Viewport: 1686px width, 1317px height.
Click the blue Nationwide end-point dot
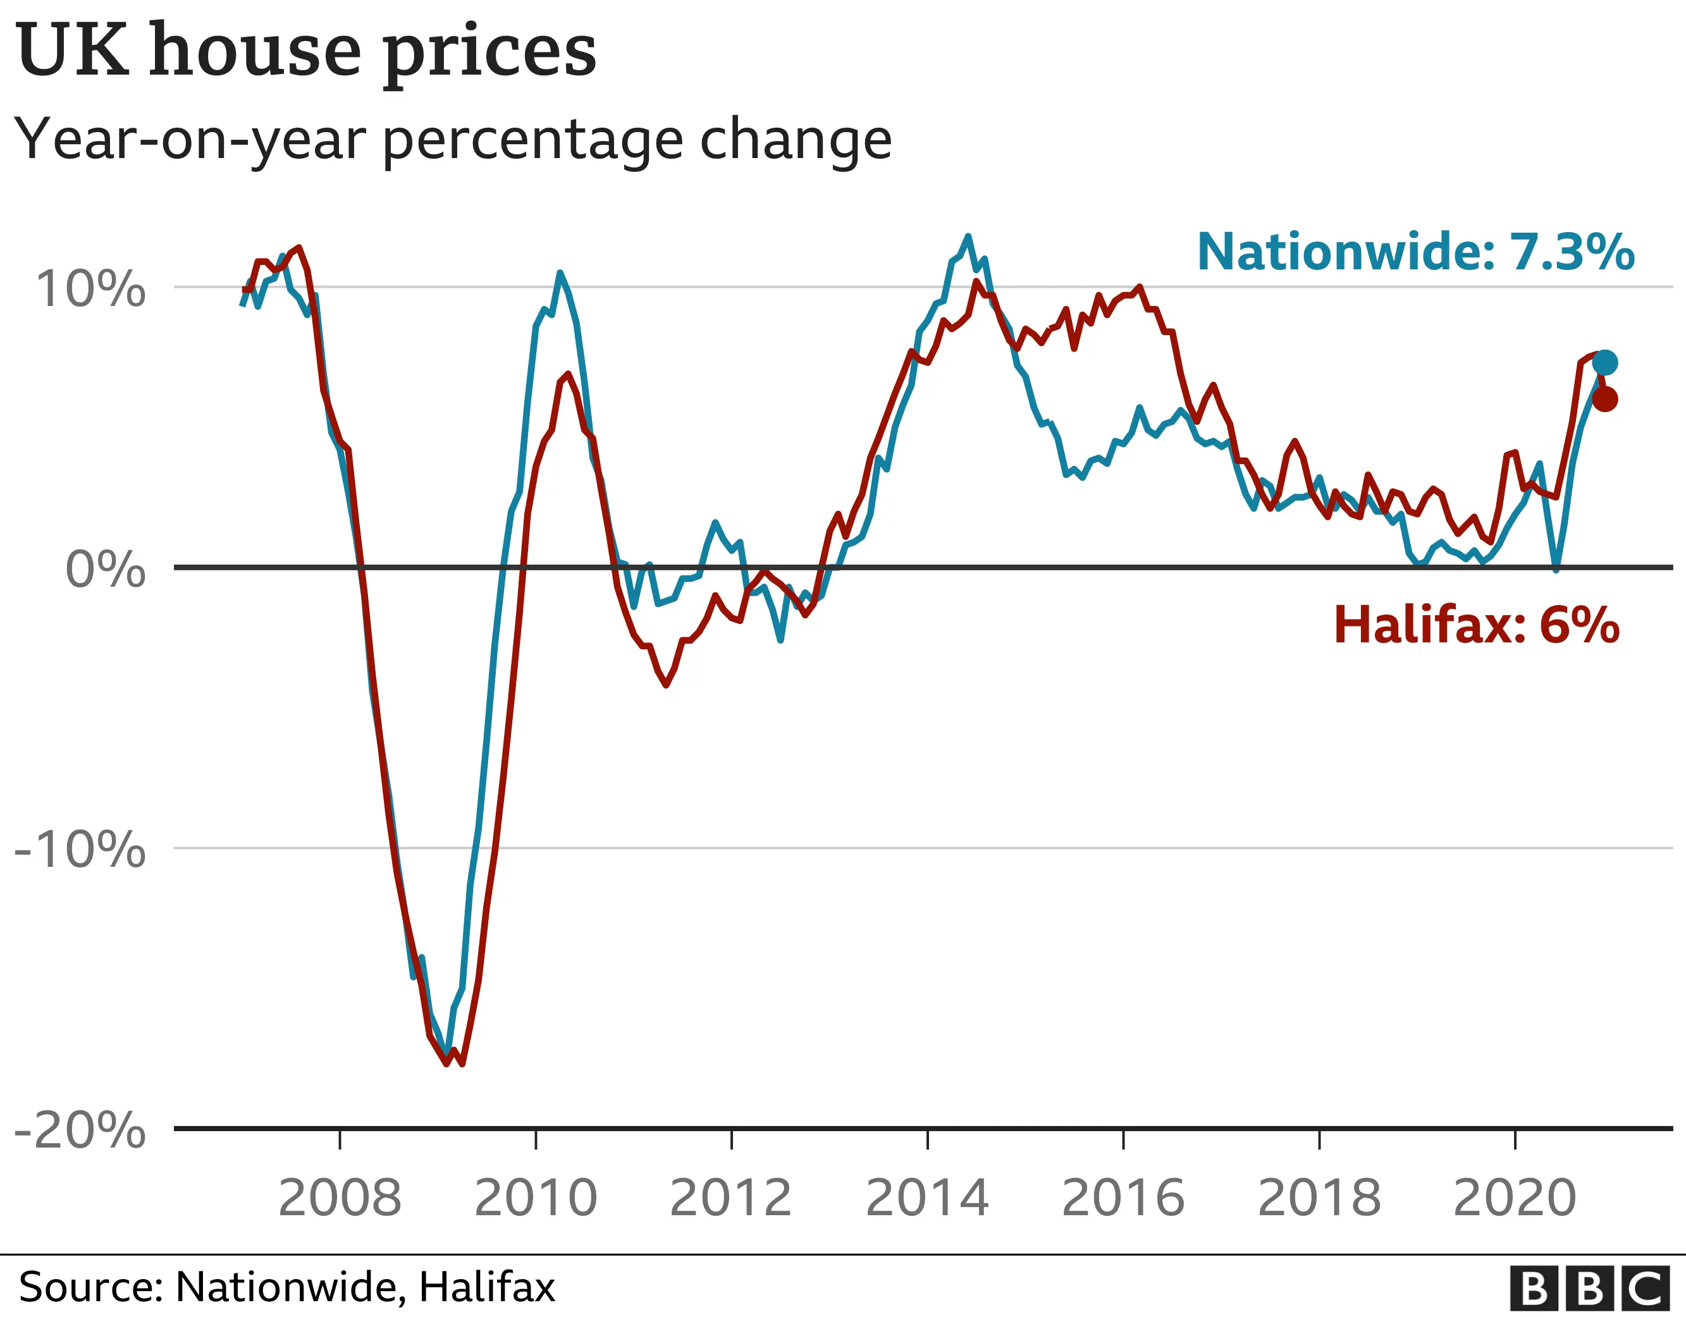pos(1604,362)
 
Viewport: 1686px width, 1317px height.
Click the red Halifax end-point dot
pos(1604,399)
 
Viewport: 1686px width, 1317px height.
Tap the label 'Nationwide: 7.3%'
pos(1415,252)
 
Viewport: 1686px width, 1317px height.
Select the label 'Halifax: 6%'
pos(1476,625)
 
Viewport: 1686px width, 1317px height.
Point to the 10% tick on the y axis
pos(91,289)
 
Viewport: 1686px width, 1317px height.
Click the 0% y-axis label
pos(106,570)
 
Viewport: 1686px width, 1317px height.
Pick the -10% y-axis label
pos(80,849)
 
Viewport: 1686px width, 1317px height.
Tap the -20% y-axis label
pos(80,1130)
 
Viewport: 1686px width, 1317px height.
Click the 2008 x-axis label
pos(340,1198)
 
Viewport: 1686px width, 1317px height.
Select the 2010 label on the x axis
pos(536,1198)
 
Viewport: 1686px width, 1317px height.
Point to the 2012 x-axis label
pos(731,1198)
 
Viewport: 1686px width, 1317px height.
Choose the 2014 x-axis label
pos(927,1198)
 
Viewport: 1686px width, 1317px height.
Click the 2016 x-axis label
pos(1123,1198)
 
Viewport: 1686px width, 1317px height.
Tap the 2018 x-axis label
pos(1319,1198)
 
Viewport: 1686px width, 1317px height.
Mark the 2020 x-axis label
pos(1515,1198)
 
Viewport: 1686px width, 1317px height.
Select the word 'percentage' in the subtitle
pos(532,140)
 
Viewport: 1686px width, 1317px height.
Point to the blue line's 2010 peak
pos(560,273)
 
